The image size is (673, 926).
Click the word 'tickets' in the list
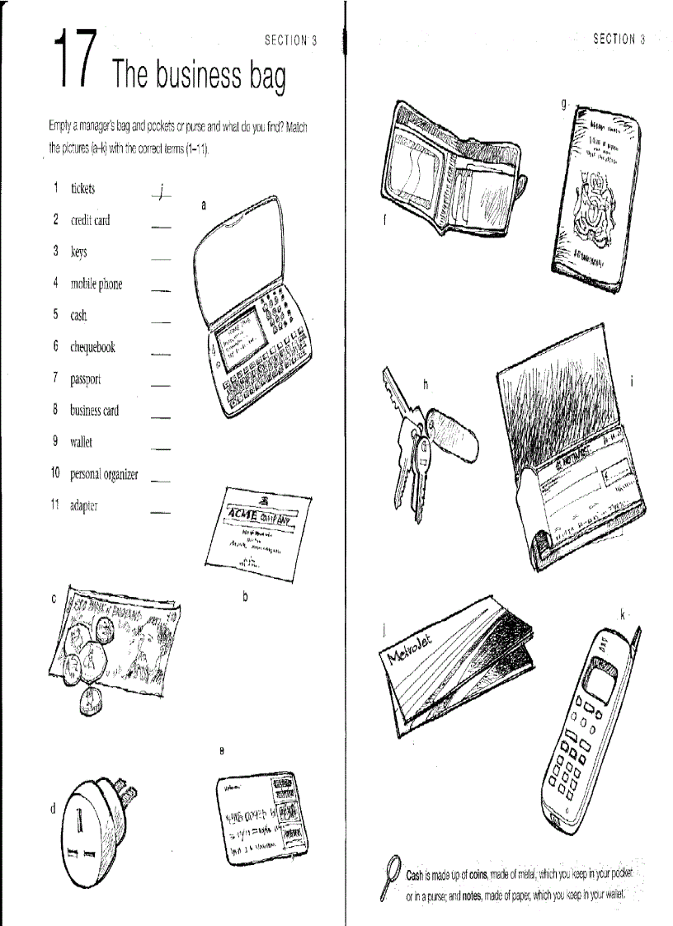pos(82,189)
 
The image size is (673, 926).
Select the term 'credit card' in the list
pos(89,220)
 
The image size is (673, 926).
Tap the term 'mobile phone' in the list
pos(96,284)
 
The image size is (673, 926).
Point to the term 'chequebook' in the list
pos(92,347)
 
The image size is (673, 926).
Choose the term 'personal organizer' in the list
pos(104,474)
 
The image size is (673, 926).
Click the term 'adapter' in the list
pos(84,505)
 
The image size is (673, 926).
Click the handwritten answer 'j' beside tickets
pos(162,192)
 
